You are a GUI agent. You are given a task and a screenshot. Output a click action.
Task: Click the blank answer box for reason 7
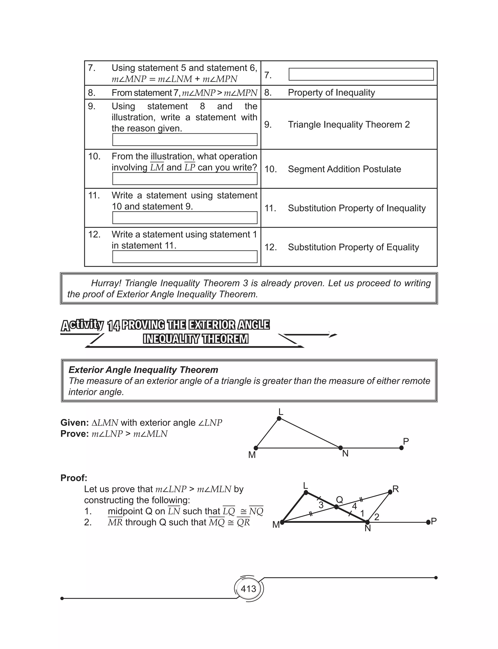[x=361, y=74]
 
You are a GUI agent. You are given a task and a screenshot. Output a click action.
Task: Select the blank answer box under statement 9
[x=185, y=140]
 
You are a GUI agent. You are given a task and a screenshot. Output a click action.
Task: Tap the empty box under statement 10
[x=185, y=179]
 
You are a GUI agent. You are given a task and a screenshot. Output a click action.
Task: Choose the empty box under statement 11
[x=185, y=218]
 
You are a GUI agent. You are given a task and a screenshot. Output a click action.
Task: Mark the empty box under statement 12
[x=185, y=257]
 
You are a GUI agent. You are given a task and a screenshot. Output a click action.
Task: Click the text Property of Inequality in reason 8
[x=331, y=93]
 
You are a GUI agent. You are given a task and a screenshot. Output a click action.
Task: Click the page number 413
[x=249, y=588]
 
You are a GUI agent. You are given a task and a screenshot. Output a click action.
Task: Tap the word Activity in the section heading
[x=82, y=325]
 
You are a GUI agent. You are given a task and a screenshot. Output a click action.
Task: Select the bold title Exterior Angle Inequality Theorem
[x=143, y=370]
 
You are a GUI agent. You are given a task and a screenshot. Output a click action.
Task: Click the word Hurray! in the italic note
[x=106, y=283]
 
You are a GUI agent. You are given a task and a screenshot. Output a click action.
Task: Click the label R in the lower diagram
[x=395, y=489]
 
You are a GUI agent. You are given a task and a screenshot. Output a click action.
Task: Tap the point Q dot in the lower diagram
[x=336, y=507]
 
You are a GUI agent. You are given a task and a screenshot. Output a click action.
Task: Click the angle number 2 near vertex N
[x=376, y=517]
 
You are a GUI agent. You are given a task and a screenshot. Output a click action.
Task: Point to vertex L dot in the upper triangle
[x=279, y=418]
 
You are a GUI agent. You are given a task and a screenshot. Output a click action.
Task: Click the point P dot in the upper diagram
[x=401, y=448]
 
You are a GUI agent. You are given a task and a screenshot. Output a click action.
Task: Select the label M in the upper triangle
[x=252, y=455]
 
